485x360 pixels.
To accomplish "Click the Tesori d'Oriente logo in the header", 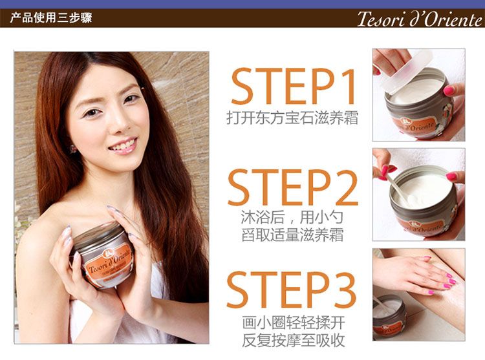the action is (x=420, y=19).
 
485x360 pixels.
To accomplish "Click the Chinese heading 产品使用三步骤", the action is (x=51, y=17).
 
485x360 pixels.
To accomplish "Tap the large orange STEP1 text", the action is (x=293, y=87).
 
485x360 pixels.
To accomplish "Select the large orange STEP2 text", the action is (x=292, y=187).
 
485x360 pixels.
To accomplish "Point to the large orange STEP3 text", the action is (x=292, y=290).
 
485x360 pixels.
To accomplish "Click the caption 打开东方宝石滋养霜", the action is (x=292, y=118).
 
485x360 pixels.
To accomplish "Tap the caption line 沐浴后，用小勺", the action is (x=292, y=217).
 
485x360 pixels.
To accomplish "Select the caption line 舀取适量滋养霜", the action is (x=292, y=235).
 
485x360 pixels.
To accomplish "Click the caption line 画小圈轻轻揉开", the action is (x=293, y=323).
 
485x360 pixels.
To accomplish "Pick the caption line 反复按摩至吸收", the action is (x=293, y=340).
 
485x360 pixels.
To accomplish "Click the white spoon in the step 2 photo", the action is (x=400, y=191).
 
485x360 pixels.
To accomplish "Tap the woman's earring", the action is (x=73, y=149).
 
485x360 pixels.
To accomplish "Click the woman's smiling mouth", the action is (x=123, y=146).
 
